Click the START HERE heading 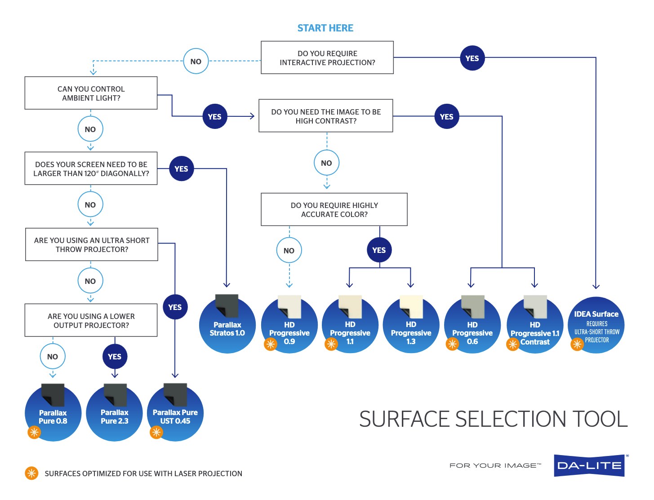(325, 28)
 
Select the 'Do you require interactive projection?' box (327, 58)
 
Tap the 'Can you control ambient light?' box (91, 93)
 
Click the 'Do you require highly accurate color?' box (334, 209)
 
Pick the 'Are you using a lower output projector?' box (91, 320)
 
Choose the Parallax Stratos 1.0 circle (227, 326)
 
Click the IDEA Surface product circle (596, 326)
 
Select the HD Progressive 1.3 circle (411, 326)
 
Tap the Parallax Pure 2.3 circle (114, 414)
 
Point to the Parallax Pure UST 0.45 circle (175, 414)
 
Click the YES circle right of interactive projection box (472, 58)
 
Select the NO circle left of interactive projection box (196, 61)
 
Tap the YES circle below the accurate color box (379, 250)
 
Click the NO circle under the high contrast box (326, 163)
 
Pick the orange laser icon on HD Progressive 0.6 (452, 344)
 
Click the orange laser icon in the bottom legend (31, 473)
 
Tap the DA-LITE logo (589, 465)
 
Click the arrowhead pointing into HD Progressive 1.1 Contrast (534, 285)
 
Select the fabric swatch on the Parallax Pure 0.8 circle (53, 394)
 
